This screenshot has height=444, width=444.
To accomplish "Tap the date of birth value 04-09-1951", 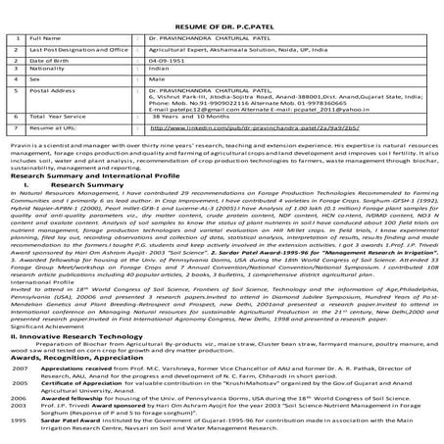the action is click(167, 60).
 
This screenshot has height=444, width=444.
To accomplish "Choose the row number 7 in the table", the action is click(15, 127).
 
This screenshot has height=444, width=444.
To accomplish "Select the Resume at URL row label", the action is click(49, 127).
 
